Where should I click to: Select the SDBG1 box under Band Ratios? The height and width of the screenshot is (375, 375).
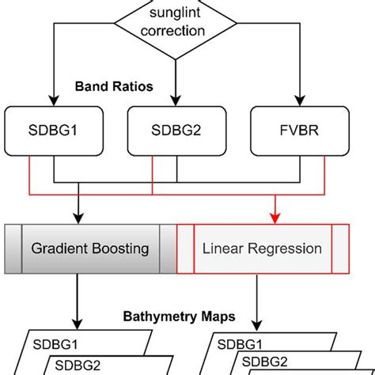(x=54, y=128)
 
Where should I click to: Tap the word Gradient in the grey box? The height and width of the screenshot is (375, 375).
(x=59, y=248)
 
